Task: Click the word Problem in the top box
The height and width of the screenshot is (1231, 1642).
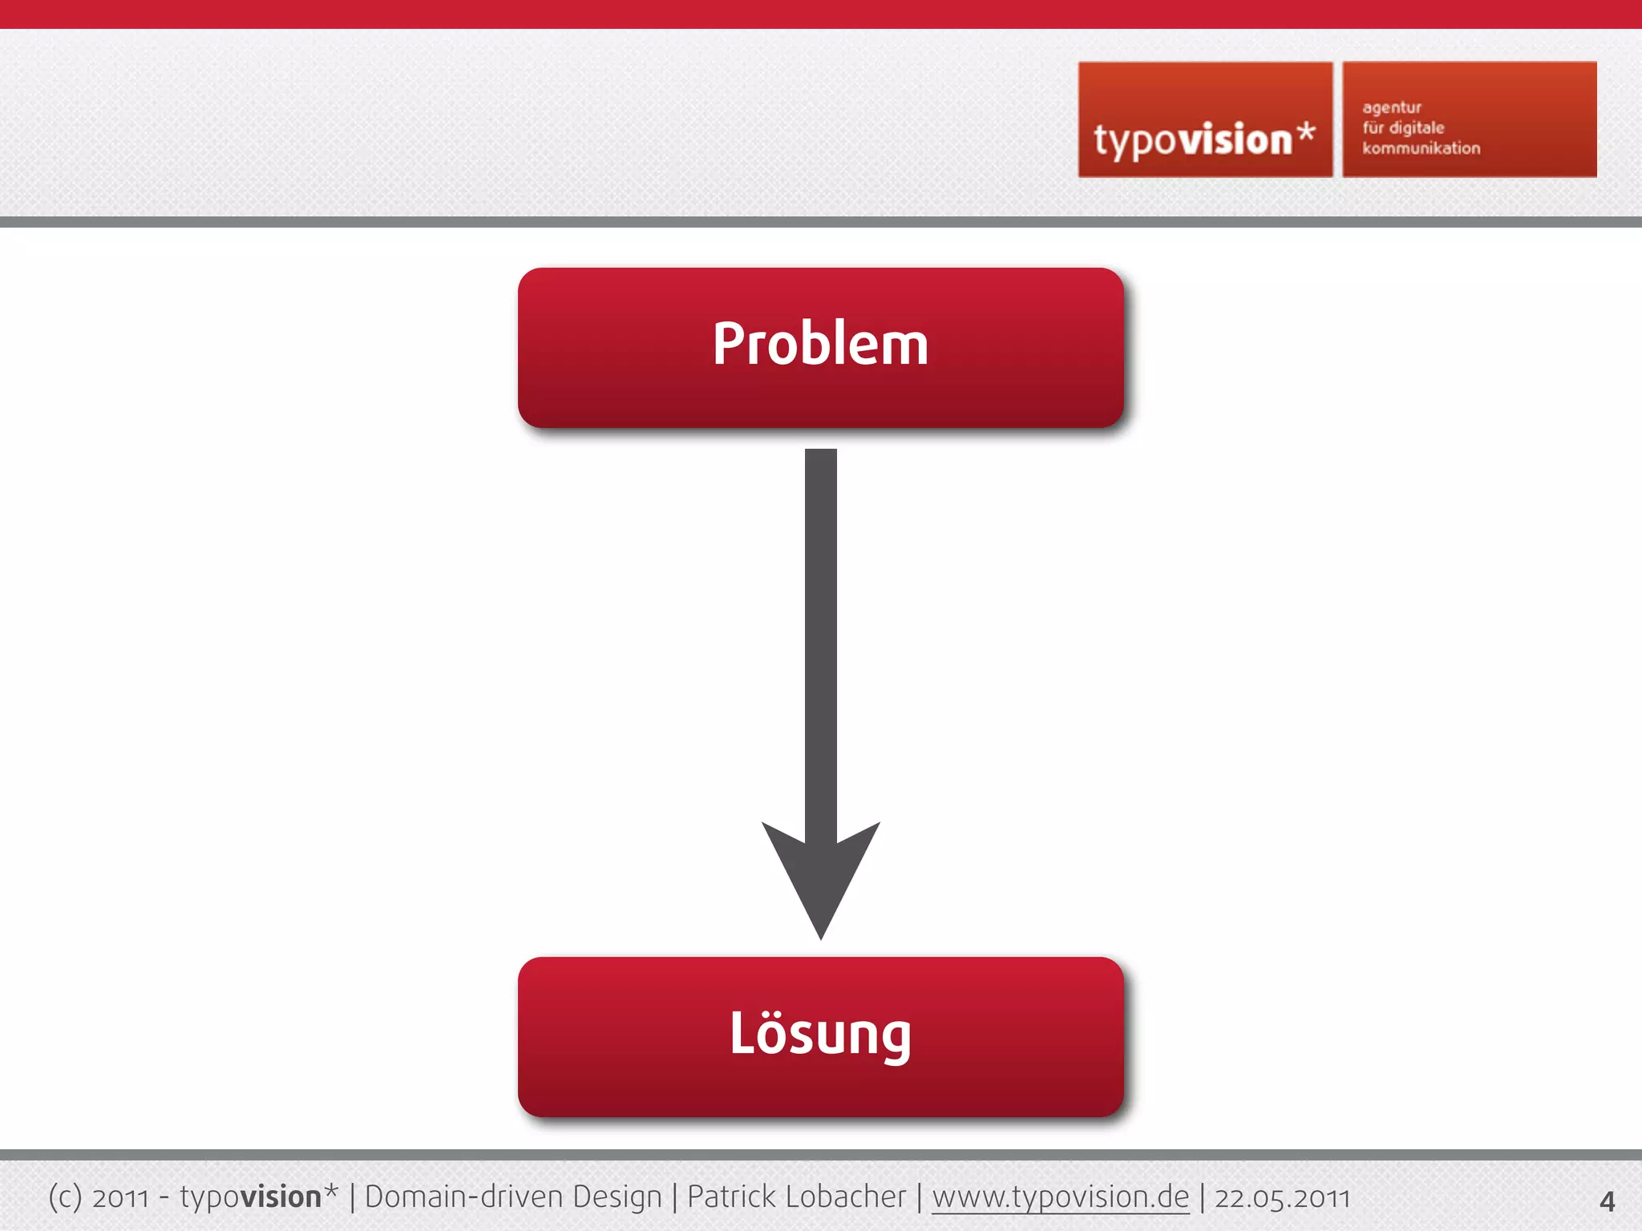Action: tap(820, 345)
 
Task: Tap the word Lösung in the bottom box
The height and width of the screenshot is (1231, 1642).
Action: tap(820, 1034)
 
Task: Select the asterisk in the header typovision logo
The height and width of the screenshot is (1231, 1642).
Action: tap(1306, 131)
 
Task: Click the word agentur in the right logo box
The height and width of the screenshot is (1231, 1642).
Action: tap(1392, 107)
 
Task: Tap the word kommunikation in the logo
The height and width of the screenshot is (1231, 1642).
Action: tap(1421, 148)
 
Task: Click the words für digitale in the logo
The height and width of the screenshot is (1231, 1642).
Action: tap(1403, 128)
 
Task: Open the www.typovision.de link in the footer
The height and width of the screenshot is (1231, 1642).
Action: tap(1060, 1197)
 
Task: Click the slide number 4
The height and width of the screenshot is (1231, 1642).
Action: tap(1607, 1201)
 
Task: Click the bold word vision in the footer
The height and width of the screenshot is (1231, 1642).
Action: tap(281, 1197)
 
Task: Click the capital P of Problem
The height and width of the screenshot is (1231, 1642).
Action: tap(730, 345)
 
